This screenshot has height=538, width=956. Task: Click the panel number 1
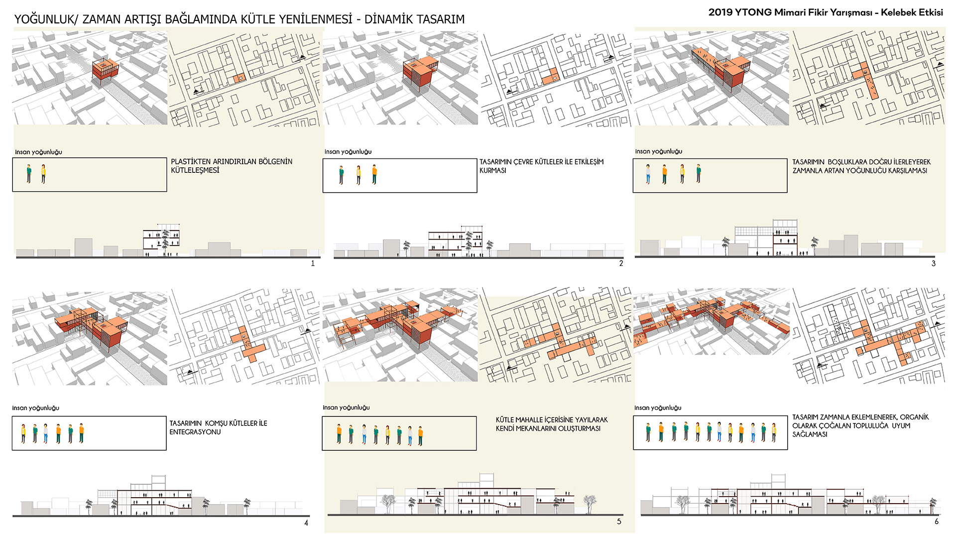pyautogui.click(x=313, y=264)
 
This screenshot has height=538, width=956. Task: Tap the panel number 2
pyautogui.click(x=621, y=264)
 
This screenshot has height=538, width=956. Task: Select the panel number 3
pyautogui.click(x=933, y=264)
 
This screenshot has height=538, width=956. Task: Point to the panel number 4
pyautogui.click(x=306, y=523)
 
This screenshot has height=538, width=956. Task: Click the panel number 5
pyautogui.click(x=619, y=522)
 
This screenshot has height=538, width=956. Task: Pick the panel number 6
pyautogui.click(x=936, y=522)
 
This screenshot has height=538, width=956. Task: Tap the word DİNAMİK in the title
pyautogui.click(x=388, y=19)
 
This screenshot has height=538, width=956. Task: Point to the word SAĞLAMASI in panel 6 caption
pyautogui.click(x=810, y=434)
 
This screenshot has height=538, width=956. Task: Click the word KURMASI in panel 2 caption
pyautogui.click(x=492, y=170)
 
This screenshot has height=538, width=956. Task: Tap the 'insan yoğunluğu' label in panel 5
pyautogui.click(x=346, y=407)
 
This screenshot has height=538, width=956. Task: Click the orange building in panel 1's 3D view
pyautogui.click(x=105, y=72)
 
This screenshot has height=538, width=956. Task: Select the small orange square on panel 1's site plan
pyautogui.click(x=239, y=79)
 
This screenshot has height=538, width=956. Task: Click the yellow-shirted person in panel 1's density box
pyautogui.click(x=43, y=174)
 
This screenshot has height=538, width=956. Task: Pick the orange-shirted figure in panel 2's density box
pyautogui.click(x=374, y=174)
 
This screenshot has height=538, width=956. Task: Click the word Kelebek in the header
pyautogui.click(x=896, y=12)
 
